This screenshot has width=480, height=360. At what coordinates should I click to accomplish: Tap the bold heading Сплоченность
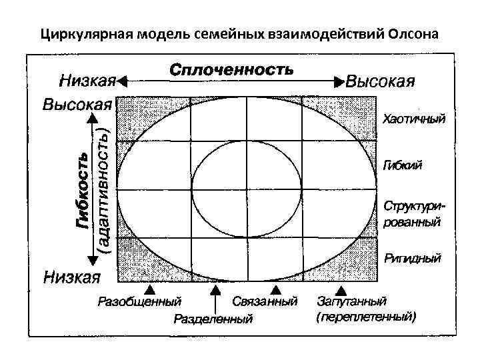click(231, 69)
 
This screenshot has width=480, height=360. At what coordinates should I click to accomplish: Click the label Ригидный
click(412, 257)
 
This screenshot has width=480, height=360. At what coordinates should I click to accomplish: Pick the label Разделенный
click(213, 319)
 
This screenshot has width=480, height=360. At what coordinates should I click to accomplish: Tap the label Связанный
click(265, 303)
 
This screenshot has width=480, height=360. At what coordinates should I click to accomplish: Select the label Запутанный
click(351, 303)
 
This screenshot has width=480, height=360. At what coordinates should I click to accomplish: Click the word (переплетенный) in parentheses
click(366, 317)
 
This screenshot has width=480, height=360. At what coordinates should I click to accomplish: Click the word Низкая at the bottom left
click(72, 275)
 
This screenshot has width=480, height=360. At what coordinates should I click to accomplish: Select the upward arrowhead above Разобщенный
click(151, 290)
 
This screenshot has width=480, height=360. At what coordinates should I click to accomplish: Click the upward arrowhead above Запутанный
click(341, 290)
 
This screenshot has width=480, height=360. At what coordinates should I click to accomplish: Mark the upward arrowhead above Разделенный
click(214, 290)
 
